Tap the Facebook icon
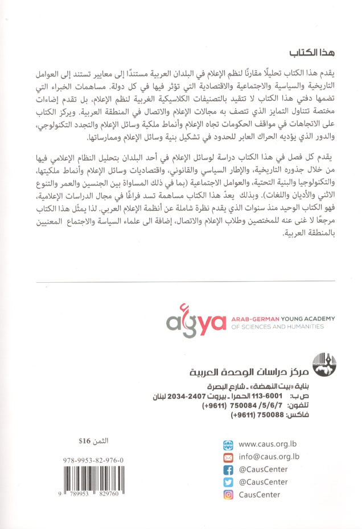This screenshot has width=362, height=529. (228, 470)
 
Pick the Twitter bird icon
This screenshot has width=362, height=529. (228, 482)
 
